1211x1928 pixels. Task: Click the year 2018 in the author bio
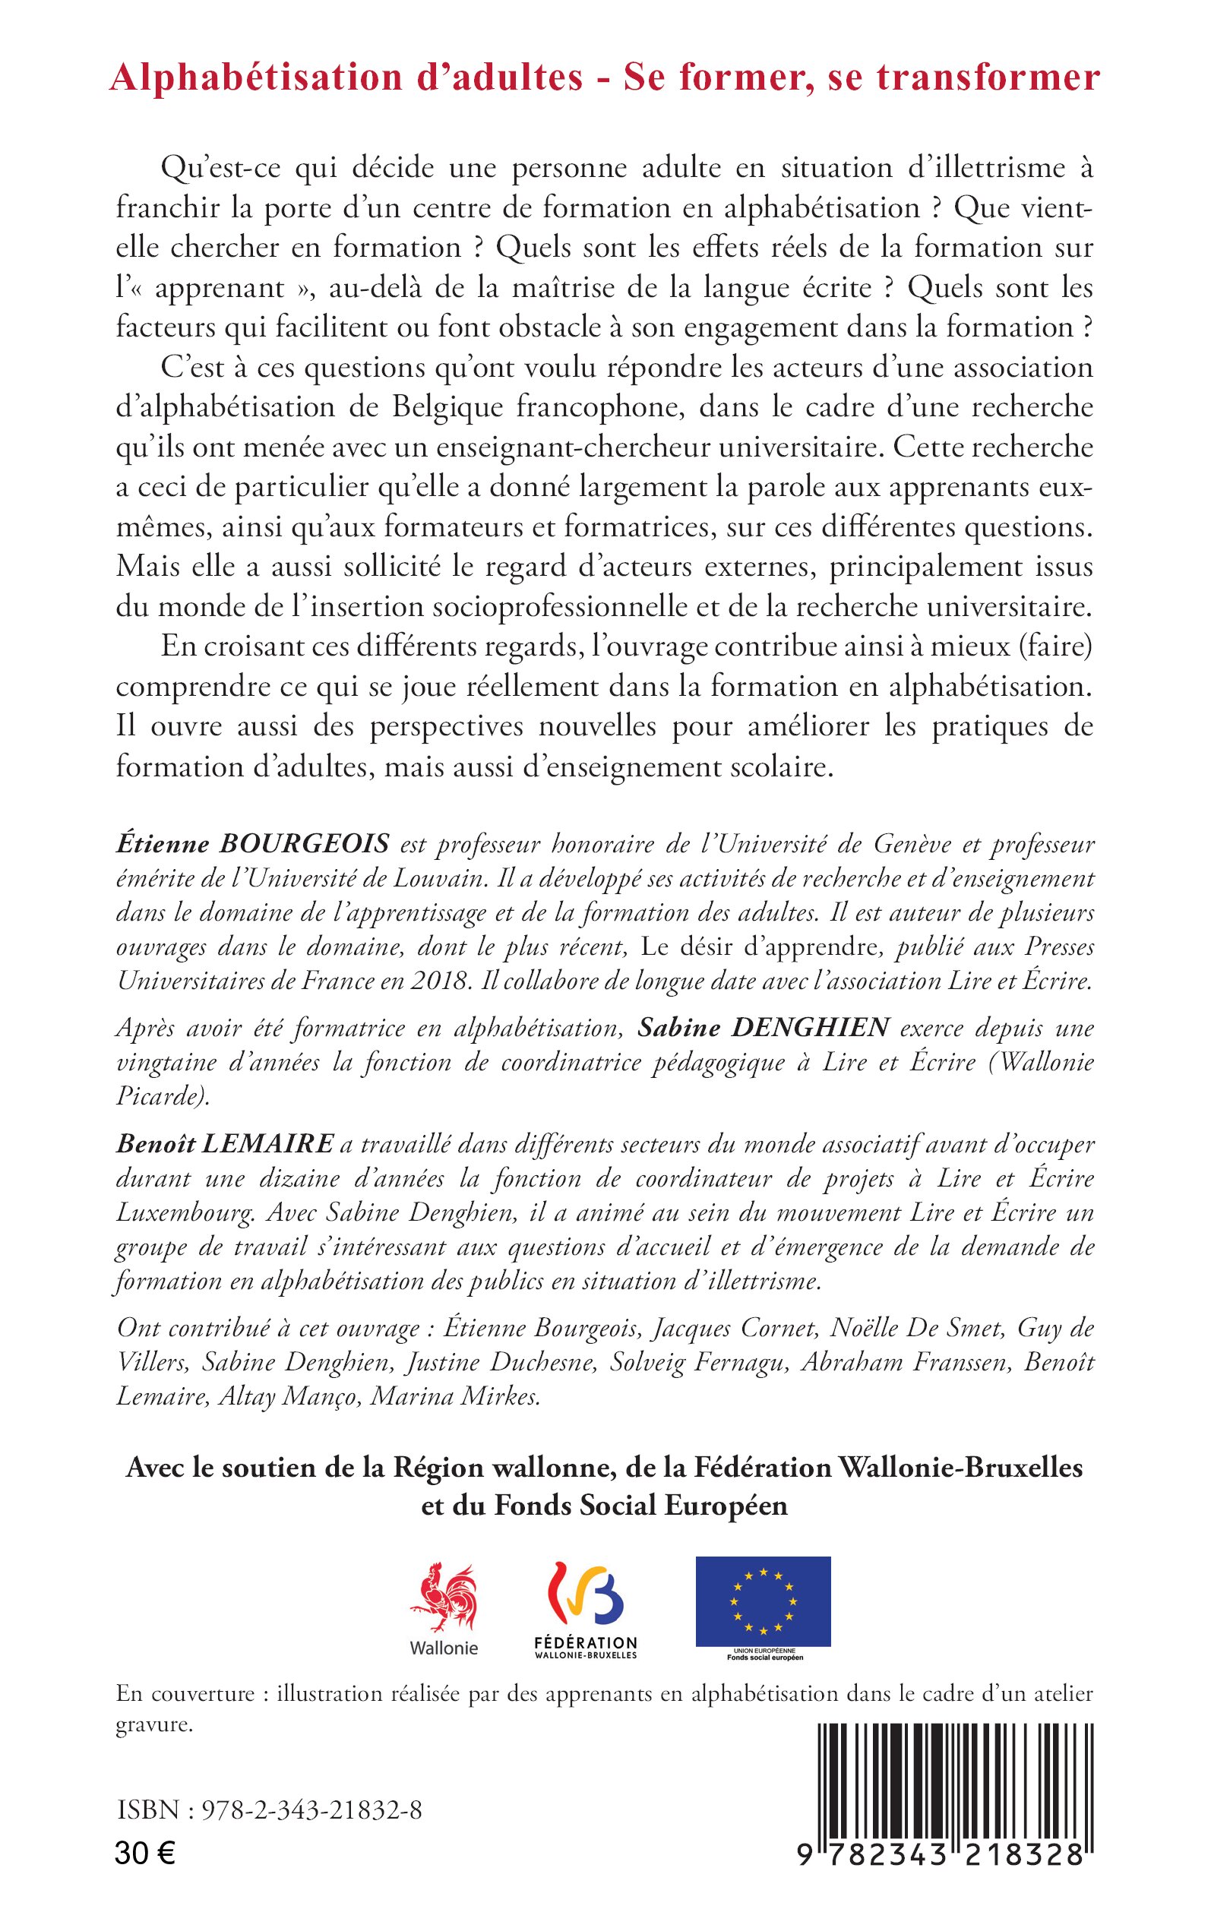pos(438,981)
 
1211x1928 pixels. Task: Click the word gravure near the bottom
pos(153,1724)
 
